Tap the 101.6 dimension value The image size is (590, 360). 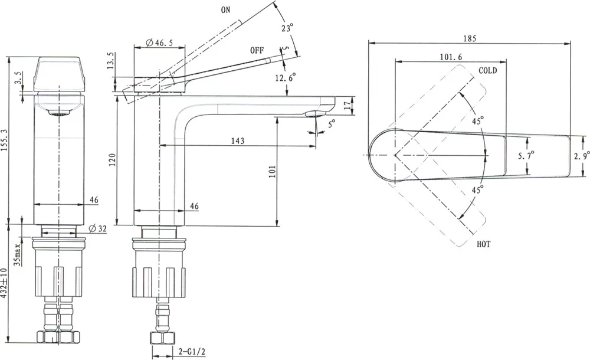pyautogui.click(x=450, y=57)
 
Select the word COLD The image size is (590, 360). pyautogui.click(x=487, y=70)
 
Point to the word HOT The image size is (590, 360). pyautogui.click(x=484, y=244)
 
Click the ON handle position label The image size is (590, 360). pyautogui.click(x=226, y=10)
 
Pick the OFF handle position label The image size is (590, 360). pyautogui.click(x=257, y=51)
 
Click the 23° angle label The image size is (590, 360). pyautogui.click(x=287, y=28)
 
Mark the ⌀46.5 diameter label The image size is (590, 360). pyautogui.click(x=159, y=42)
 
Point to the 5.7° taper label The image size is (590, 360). pyautogui.click(x=526, y=155)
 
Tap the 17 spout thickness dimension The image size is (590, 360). pyautogui.click(x=347, y=106)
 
